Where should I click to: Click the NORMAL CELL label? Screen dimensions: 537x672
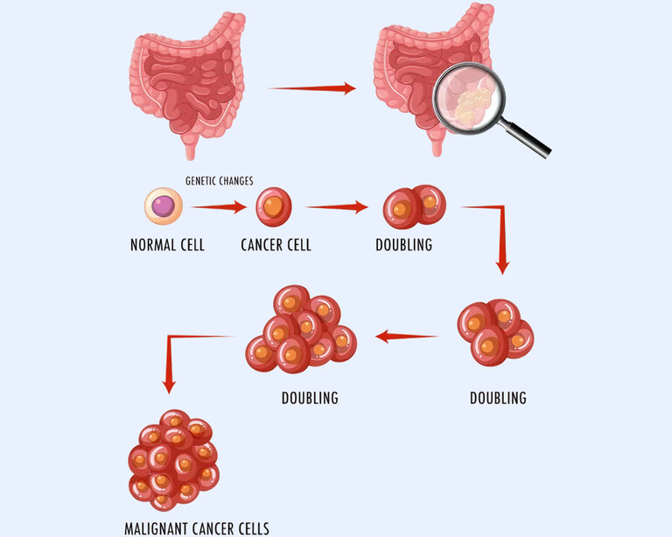(x=167, y=245)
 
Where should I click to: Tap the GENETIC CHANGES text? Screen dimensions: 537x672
(x=219, y=181)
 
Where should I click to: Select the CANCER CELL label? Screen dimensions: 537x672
(x=276, y=245)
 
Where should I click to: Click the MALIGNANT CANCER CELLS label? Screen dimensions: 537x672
(x=197, y=527)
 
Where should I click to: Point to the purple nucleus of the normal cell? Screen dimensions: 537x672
(x=164, y=207)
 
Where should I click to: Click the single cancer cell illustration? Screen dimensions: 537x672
(x=273, y=208)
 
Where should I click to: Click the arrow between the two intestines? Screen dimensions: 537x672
(x=311, y=88)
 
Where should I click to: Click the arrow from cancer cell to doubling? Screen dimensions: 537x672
(x=337, y=208)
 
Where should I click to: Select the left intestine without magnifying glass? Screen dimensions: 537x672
(x=186, y=79)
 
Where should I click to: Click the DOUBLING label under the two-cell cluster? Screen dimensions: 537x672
(x=404, y=245)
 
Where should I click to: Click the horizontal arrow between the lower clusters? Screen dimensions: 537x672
(x=406, y=336)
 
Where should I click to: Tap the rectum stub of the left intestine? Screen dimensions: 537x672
(x=189, y=144)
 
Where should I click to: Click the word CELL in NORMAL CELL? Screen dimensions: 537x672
(x=190, y=245)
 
